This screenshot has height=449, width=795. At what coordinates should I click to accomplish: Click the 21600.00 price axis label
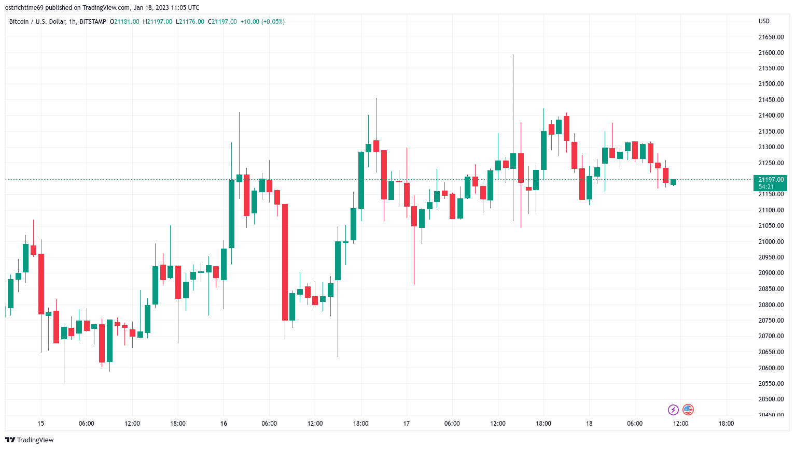click(771, 53)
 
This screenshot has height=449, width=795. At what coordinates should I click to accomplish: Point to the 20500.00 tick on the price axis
click(771, 399)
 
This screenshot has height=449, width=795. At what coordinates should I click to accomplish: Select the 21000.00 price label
click(771, 242)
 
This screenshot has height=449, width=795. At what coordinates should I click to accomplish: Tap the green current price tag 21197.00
click(770, 183)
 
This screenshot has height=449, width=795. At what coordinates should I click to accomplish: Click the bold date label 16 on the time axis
click(224, 424)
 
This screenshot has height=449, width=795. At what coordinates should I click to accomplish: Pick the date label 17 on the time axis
click(407, 424)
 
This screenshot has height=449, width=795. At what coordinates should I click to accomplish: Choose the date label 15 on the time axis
click(41, 424)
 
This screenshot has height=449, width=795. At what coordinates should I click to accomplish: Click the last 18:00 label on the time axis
click(726, 424)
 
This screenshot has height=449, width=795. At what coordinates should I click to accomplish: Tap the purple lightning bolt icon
click(673, 410)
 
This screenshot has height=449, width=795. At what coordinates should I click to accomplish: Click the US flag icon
click(688, 410)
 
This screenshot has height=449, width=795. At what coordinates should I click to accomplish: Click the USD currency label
click(764, 21)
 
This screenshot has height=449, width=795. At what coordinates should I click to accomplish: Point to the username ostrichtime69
click(24, 8)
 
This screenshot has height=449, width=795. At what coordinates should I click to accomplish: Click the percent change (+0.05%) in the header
click(273, 22)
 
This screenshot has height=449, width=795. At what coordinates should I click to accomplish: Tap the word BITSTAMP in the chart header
click(93, 22)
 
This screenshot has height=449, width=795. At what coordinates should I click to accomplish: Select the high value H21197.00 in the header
click(158, 22)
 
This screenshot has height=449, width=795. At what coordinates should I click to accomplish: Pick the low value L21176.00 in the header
click(190, 22)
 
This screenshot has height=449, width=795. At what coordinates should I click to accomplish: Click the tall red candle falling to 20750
click(285, 262)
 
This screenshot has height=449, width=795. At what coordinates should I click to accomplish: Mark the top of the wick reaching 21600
click(513, 54)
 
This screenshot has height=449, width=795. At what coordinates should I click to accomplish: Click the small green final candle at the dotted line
click(673, 182)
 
